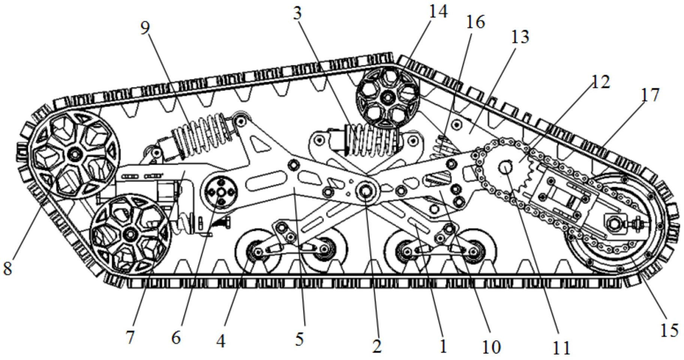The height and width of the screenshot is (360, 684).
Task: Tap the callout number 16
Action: coord(475,22)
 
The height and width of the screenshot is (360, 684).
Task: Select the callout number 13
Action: coord(520,37)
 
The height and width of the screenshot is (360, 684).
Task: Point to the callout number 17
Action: coord(649,95)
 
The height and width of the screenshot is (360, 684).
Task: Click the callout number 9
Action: coord(145,28)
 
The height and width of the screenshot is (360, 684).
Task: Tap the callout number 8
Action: coord(7,269)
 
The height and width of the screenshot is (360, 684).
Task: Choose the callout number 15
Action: coord(669,330)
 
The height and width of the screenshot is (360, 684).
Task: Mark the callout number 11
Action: coord(561,348)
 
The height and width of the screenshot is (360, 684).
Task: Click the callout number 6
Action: coord(176,338)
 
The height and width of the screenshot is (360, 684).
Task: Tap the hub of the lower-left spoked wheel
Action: coord(130,233)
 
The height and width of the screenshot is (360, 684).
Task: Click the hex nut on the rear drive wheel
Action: coord(614,224)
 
